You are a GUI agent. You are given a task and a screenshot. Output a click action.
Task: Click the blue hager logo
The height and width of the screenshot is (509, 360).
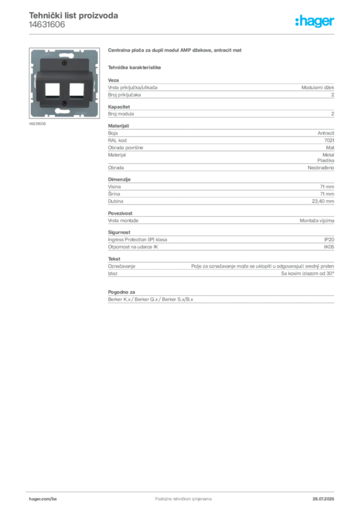(x=315, y=21)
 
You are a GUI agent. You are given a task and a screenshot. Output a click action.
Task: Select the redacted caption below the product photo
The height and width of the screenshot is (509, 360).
(x=37, y=124)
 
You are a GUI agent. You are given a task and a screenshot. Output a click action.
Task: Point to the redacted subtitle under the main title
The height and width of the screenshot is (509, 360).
(x=135, y=67)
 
